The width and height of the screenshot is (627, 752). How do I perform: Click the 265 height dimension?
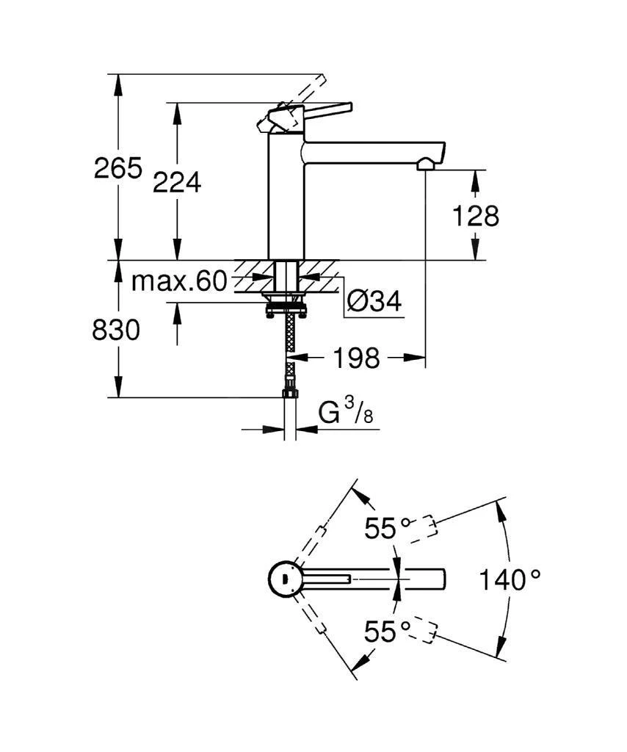(x=117, y=169)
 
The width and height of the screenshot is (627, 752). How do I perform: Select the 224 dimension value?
(x=176, y=182)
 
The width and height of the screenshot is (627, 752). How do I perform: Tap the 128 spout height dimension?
(x=475, y=216)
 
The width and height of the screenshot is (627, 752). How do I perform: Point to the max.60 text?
(x=179, y=282)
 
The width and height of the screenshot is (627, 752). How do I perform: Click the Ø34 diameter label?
(x=374, y=301)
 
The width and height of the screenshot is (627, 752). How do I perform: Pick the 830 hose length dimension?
(x=115, y=330)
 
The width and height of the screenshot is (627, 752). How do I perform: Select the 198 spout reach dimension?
(x=357, y=358)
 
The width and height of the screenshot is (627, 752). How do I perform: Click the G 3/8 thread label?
(x=346, y=413)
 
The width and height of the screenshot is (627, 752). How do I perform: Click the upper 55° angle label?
(x=389, y=527)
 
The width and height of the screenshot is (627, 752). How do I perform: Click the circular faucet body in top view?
(x=283, y=579)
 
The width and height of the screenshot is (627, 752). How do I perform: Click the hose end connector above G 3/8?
(x=289, y=394)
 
